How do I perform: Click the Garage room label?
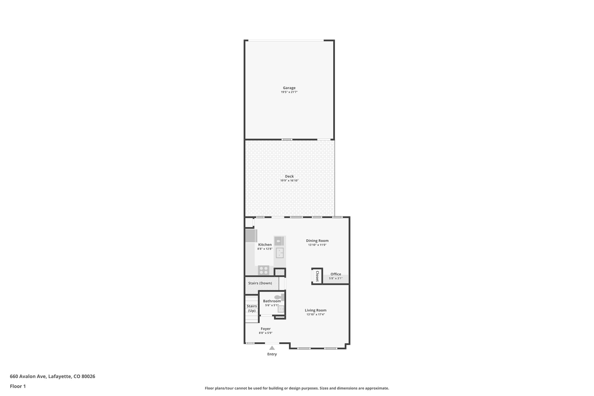click(289, 88)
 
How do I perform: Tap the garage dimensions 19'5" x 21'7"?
click(289, 92)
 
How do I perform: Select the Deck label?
click(289, 176)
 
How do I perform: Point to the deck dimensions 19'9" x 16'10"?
click(289, 180)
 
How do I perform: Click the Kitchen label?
click(265, 245)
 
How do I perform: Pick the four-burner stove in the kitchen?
click(264, 270)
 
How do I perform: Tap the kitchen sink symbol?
click(280, 253)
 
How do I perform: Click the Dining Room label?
click(317, 241)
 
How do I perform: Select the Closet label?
click(317, 276)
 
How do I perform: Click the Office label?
click(336, 274)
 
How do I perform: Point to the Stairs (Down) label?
click(260, 283)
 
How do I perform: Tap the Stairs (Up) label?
click(252, 308)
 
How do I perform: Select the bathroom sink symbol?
click(281, 309)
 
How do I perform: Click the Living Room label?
click(316, 310)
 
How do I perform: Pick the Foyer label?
click(266, 329)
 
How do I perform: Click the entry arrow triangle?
click(272, 348)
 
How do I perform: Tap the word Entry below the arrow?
click(272, 354)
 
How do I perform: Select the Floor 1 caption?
click(18, 386)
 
